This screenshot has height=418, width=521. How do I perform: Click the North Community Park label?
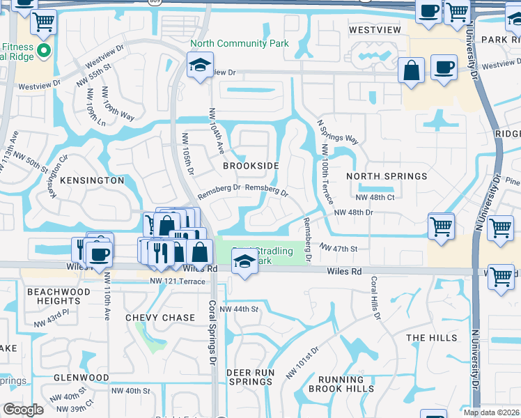240,43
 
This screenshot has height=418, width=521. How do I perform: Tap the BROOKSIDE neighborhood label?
251,166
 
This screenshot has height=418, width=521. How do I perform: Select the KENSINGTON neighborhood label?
92,180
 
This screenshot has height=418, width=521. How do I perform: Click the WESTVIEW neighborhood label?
375,30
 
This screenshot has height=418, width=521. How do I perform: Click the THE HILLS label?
432,338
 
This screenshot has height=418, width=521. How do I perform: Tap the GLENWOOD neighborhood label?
81,378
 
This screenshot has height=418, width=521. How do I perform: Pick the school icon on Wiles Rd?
244,263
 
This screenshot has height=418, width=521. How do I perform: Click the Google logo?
23,410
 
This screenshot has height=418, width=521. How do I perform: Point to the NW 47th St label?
339,248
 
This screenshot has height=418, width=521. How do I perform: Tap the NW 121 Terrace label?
178,281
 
